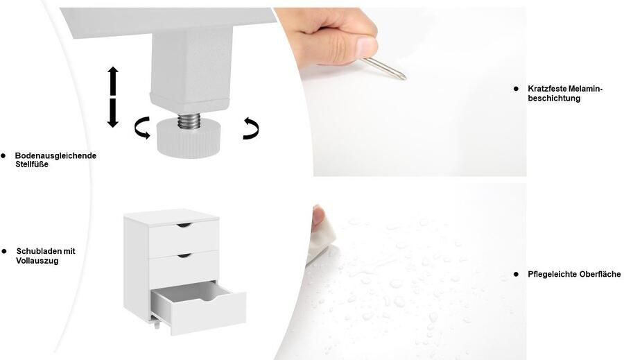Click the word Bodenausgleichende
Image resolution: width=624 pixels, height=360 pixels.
point(55,155)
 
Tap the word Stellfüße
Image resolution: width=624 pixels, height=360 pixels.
point(32,164)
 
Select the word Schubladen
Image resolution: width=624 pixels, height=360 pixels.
point(39,251)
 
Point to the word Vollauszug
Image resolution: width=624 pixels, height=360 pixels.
point(37,261)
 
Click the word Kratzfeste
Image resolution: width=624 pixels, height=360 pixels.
point(548,89)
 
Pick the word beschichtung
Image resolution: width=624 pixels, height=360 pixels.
point(554,98)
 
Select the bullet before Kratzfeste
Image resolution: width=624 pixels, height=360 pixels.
point(516,89)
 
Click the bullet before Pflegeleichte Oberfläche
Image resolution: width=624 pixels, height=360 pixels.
point(516,274)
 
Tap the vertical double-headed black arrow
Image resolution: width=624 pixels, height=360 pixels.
point(113,97)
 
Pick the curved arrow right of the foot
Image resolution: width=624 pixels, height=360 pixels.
point(252,128)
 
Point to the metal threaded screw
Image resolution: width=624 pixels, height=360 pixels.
point(189,121)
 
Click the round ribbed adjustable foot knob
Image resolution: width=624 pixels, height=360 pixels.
point(189,139)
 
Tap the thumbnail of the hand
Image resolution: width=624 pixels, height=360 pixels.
point(366,47)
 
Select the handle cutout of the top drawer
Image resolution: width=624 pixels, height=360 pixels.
point(184,225)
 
